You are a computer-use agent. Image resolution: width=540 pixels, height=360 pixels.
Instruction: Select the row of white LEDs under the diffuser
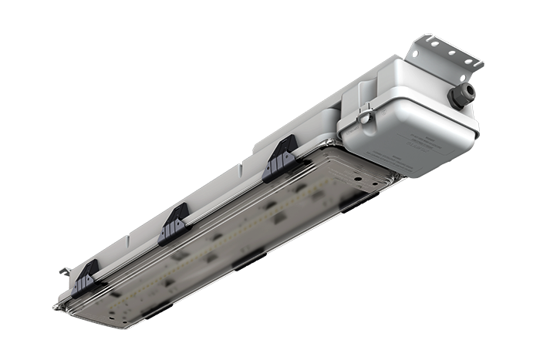pos(231,231)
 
